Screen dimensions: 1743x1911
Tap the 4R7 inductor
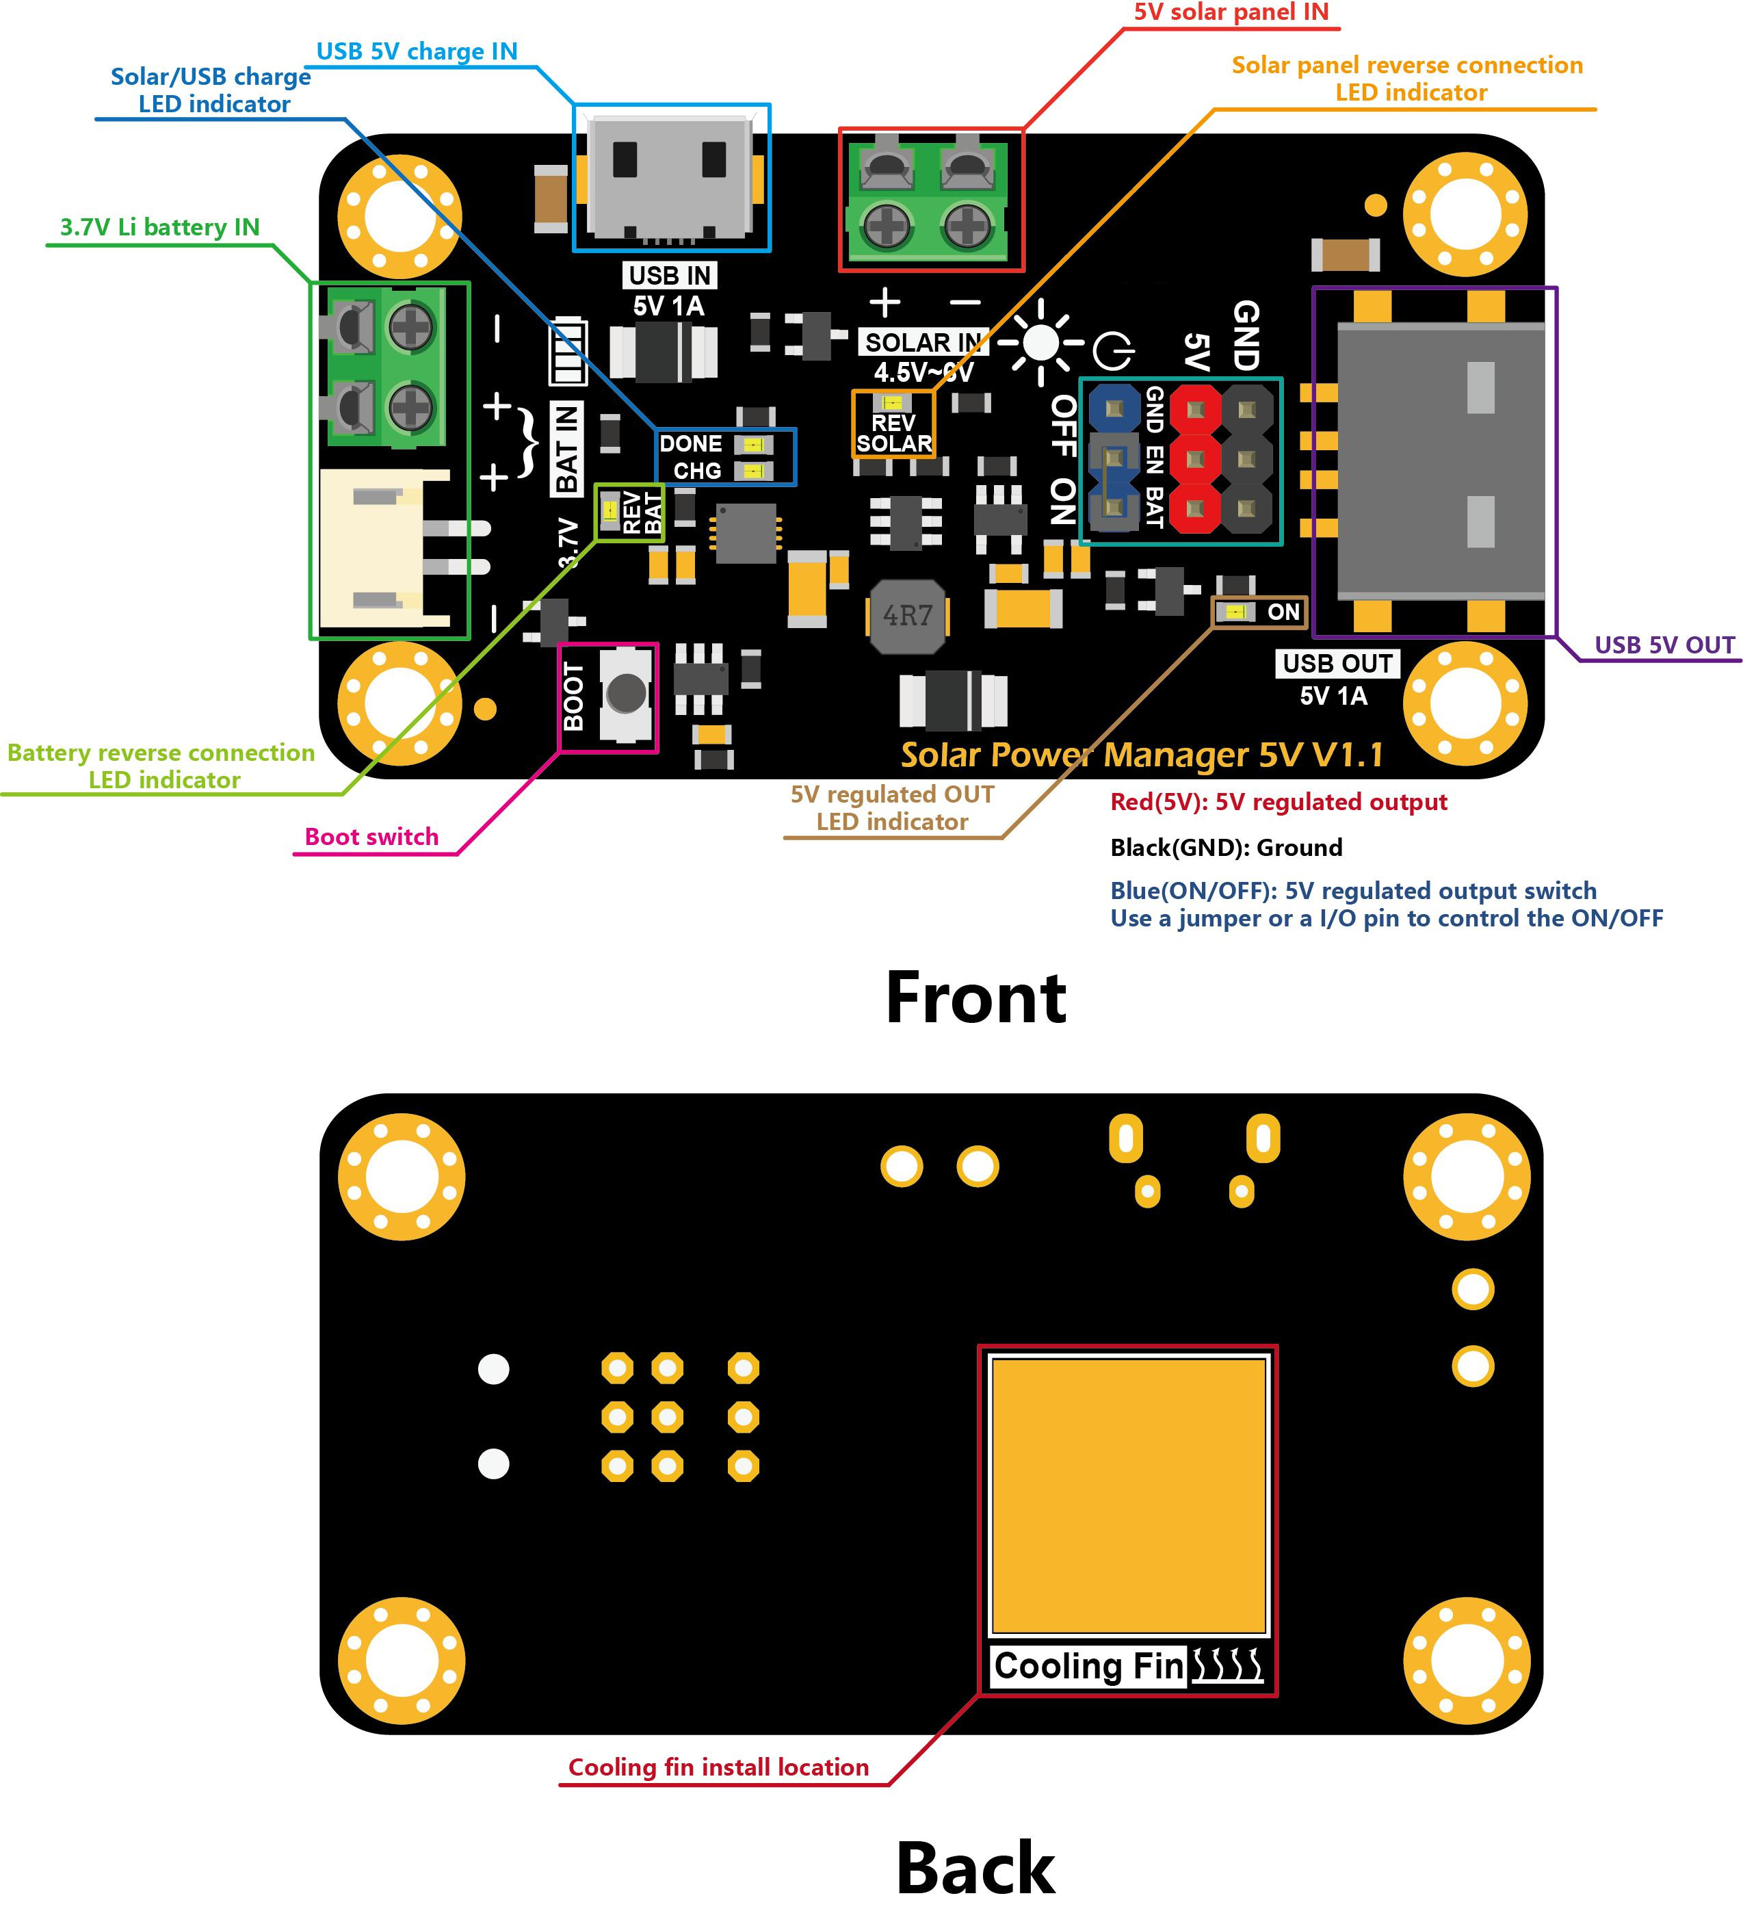pyautogui.click(x=907, y=617)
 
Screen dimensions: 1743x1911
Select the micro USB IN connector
pyautogui.click(x=671, y=177)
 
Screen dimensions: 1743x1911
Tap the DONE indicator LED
pyautogui.click(x=754, y=445)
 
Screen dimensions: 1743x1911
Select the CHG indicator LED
pyautogui.click(x=754, y=471)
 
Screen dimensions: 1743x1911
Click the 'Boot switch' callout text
pyautogui.click(x=371, y=837)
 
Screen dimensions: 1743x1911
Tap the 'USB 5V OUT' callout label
pyautogui.click(x=1664, y=645)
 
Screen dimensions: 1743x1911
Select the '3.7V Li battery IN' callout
pyautogui.click(x=159, y=227)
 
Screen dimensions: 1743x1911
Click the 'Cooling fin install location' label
pyautogui.click(x=718, y=1768)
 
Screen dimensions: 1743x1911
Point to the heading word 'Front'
pyautogui.click(x=975, y=999)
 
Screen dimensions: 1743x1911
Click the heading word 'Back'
pyautogui.click(x=975, y=1867)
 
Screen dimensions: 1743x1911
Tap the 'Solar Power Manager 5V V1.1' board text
pyautogui.click(x=1142, y=755)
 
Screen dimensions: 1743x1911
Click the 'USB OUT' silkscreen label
pyautogui.click(x=1337, y=664)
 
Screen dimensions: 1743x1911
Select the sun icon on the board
pyautogui.click(x=1040, y=343)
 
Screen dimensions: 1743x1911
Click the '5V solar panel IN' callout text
pyautogui.click(x=1231, y=12)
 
